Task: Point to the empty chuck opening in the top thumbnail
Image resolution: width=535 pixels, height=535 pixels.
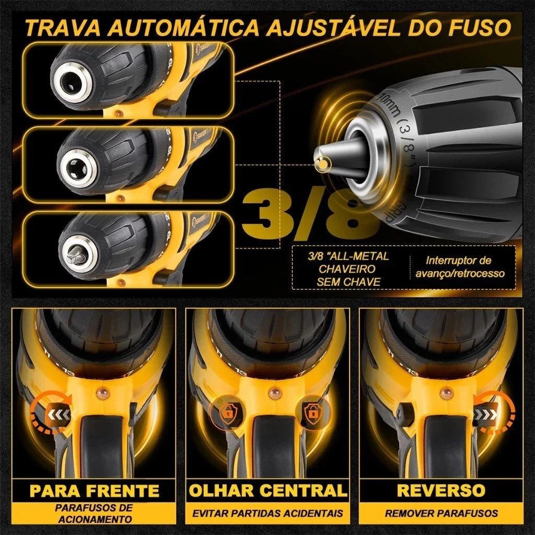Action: tap(69, 82)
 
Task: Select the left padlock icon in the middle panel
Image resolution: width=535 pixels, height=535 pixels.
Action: tap(226, 412)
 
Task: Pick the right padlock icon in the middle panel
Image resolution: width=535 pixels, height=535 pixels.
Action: tap(312, 412)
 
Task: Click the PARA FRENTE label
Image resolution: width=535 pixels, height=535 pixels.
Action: tap(94, 491)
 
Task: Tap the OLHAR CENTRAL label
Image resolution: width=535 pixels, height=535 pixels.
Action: tap(267, 491)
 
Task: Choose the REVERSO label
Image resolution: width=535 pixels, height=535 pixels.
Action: tap(441, 491)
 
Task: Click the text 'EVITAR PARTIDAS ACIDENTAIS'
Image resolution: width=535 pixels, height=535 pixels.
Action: tap(267, 513)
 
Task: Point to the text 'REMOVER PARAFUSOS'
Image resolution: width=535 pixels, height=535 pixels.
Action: tap(441, 513)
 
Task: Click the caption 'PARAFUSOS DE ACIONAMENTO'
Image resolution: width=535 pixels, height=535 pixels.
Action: tap(94, 513)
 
